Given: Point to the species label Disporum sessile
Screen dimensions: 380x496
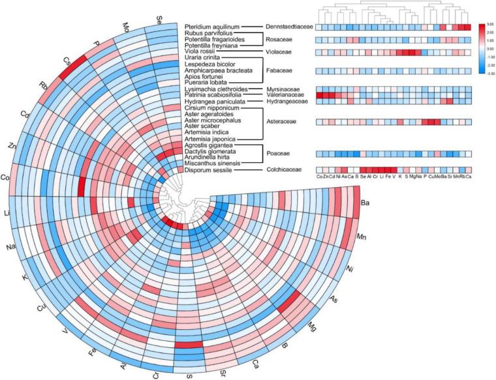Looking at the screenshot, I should tap(207, 170).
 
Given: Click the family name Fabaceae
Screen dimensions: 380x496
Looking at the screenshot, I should tap(280, 71).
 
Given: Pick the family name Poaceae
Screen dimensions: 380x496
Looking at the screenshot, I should tap(279, 154).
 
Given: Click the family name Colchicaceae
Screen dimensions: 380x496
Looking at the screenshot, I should tap(285, 170).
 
